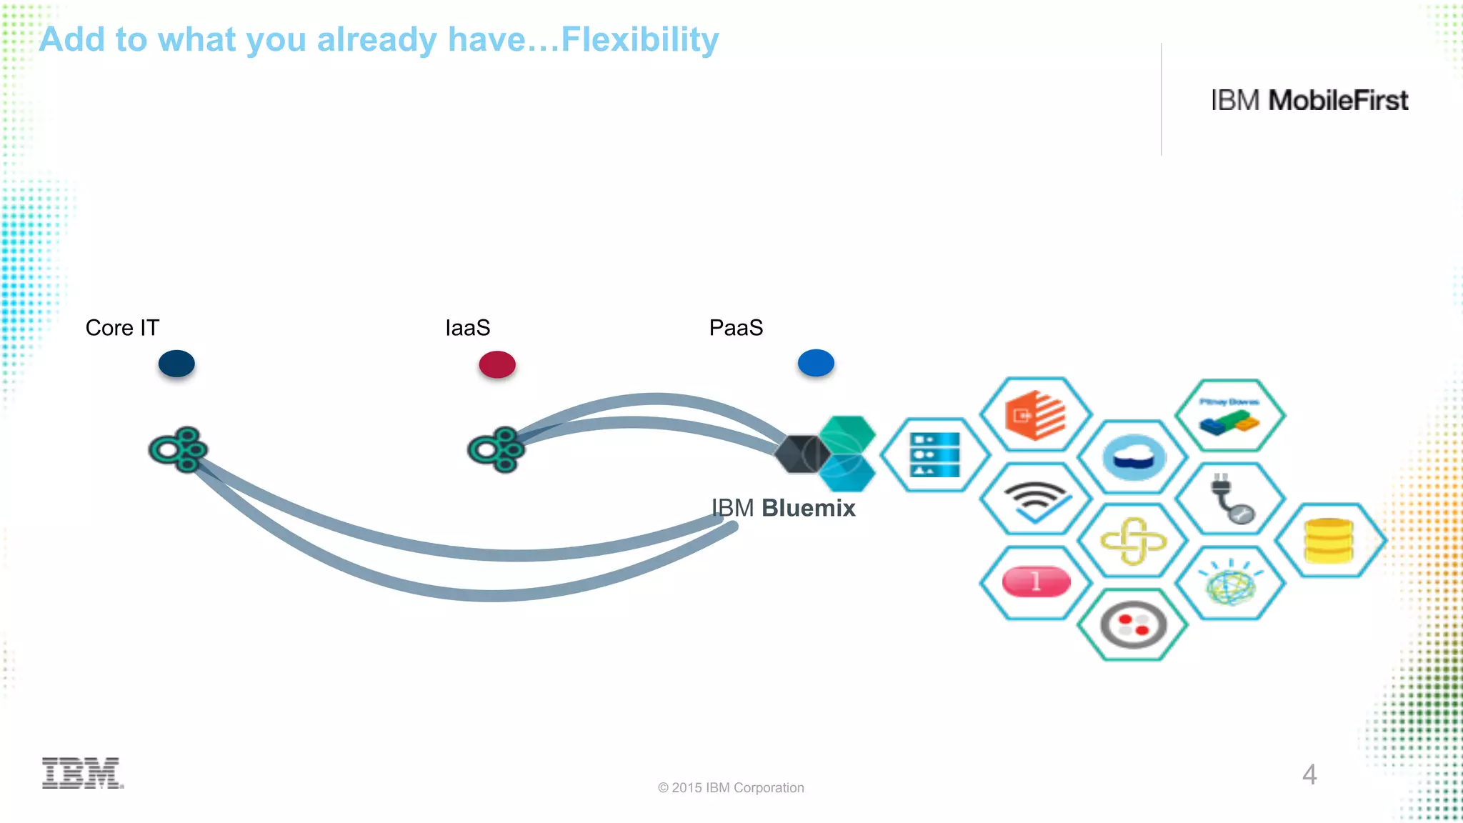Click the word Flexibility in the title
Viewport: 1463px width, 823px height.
click(639, 40)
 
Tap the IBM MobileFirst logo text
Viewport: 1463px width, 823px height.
click(1309, 101)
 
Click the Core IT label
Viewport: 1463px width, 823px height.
click(122, 328)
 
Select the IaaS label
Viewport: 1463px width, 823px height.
click(467, 328)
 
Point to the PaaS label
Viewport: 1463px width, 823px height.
click(736, 328)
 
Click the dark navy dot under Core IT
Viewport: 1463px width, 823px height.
click(176, 364)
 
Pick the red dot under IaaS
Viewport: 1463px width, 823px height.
click(497, 364)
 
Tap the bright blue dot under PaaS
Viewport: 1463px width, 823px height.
click(816, 363)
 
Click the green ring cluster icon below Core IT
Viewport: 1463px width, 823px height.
click(179, 450)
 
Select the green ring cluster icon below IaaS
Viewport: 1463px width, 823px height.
click(497, 450)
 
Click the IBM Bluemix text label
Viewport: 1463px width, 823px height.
click(784, 508)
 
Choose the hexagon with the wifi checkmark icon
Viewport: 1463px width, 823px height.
click(1035, 499)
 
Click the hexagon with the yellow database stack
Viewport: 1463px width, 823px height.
click(1329, 540)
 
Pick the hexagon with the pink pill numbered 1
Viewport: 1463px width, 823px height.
click(1035, 582)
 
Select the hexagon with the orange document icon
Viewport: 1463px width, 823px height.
click(1035, 415)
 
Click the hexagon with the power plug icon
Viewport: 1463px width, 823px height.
click(1230, 499)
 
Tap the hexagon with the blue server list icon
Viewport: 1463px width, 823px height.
click(935, 455)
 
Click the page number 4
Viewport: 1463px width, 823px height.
click(1309, 774)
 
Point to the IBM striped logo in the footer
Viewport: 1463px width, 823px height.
click(82, 773)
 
